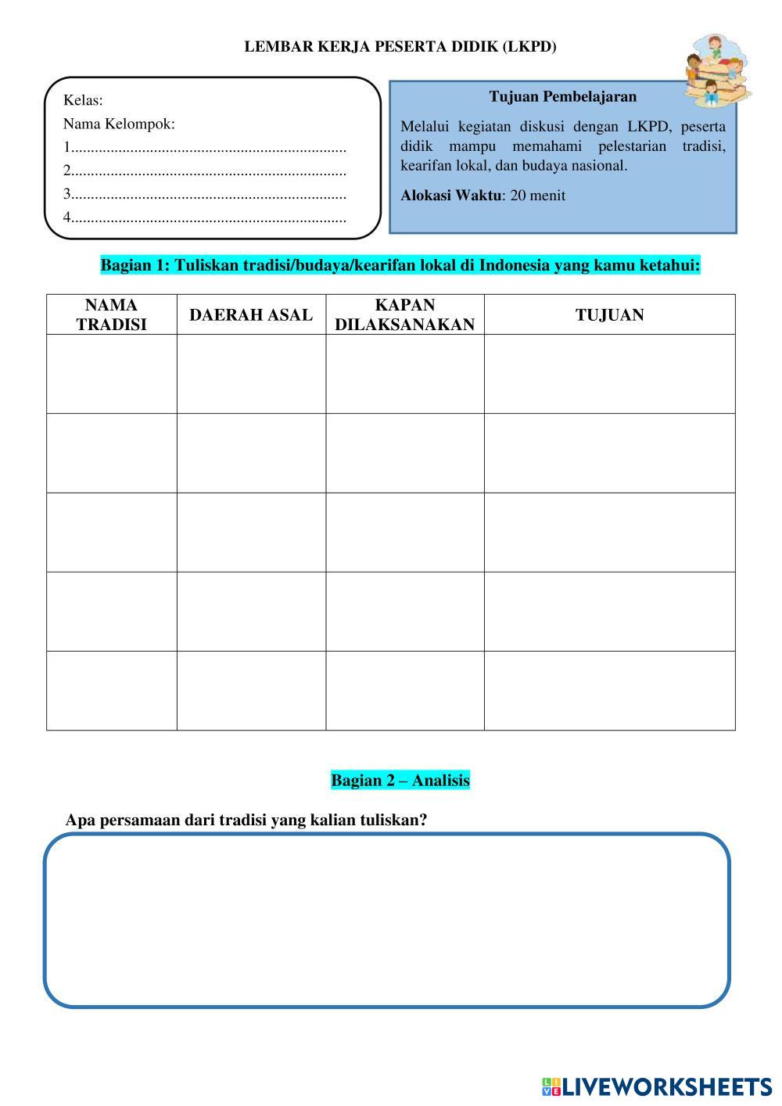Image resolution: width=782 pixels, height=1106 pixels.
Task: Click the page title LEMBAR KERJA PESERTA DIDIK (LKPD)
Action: point(400,47)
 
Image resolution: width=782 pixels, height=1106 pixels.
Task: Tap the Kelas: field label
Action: point(83,100)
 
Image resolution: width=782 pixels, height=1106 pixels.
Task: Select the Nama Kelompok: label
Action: point(119,124)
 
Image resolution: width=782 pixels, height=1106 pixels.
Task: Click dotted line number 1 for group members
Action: point(205,147)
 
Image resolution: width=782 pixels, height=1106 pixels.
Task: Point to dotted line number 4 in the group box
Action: point(205,217)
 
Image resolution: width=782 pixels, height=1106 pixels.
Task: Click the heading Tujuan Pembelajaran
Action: point(563,97)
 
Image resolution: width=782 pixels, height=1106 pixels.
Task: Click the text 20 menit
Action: point(537,196)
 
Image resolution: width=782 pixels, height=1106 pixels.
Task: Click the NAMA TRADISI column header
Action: point(112,314)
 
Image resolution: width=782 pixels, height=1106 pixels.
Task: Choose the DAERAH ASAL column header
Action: point(251,315)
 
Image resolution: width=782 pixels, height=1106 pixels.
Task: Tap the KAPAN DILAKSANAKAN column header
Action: point(405,314)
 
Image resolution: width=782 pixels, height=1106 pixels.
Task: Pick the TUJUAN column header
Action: point(610,315)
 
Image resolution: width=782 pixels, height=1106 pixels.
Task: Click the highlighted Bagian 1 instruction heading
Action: point(400,265)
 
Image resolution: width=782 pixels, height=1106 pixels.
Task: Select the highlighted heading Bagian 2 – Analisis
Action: point(400,780)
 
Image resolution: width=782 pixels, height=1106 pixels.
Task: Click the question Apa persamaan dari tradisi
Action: point(246,820)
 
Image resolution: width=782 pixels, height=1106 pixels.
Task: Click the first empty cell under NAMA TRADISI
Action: point(112,374)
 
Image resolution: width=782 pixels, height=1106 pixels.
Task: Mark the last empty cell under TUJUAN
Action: point(610,690)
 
